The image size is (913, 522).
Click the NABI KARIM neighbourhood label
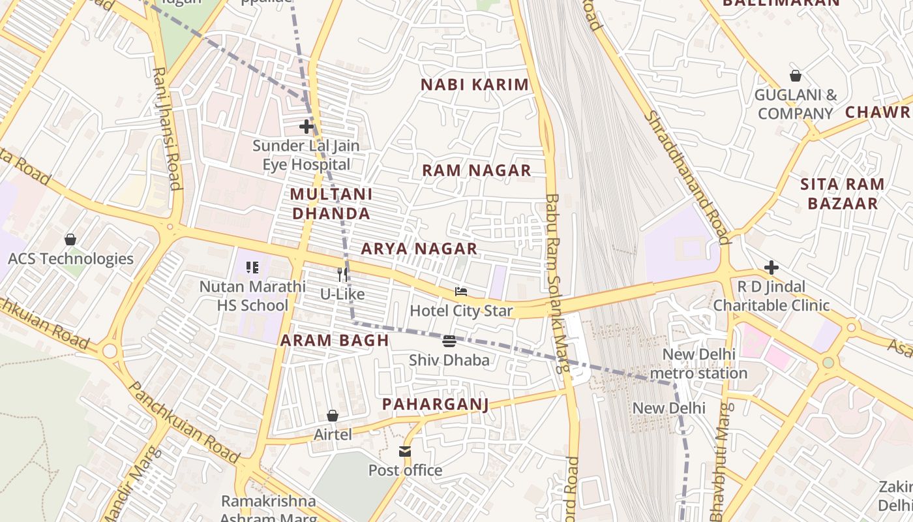point(474,85)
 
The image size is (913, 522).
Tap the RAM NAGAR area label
point(476,171)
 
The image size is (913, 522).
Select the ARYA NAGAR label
point(419,249)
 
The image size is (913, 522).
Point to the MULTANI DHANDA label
point(331,204)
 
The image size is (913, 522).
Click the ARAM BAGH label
point(335,340)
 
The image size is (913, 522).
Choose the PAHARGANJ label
point(435,405)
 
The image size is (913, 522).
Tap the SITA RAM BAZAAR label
point(843,194)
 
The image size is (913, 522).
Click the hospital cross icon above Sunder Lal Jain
point(306,127)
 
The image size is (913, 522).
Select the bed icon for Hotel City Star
point(461,292)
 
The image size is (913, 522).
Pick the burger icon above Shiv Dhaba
point(449,341)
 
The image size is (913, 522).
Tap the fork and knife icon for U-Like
point(342,275)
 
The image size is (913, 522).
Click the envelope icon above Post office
point(405,451)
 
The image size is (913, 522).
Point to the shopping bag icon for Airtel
point(333,416)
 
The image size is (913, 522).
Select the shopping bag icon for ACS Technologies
point(70,239)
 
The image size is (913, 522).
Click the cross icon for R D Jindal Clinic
point(771,268)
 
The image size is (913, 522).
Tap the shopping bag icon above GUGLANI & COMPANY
point(795,76)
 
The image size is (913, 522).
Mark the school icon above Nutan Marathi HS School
point(252,267)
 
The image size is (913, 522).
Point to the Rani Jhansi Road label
point(167,128)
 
